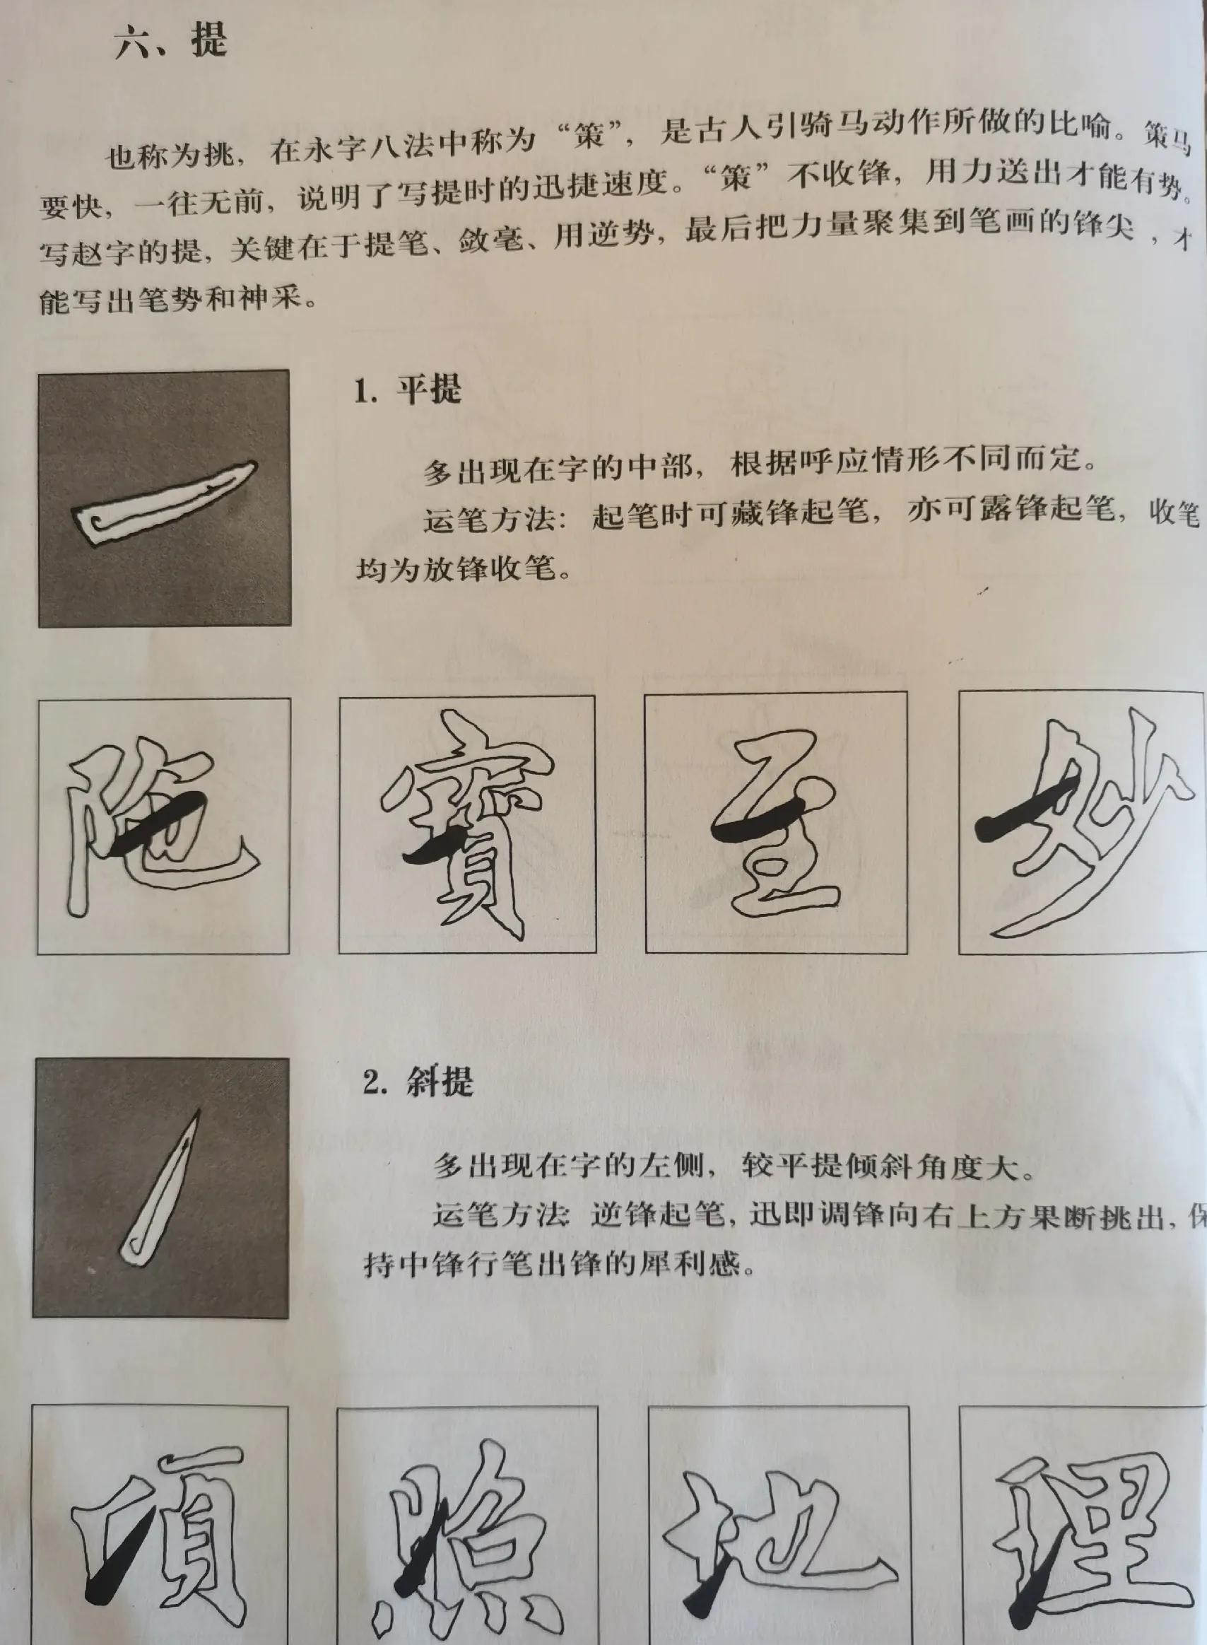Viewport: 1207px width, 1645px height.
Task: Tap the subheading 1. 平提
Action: tap(408, 391)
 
